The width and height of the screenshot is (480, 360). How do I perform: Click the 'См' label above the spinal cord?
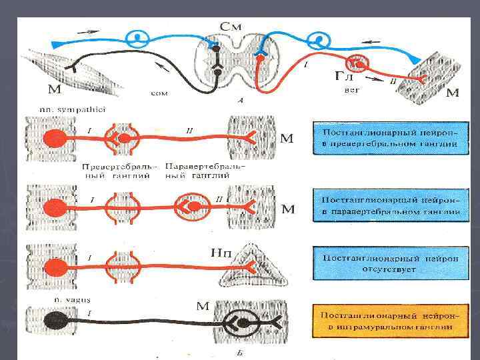tap(231, 27)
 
